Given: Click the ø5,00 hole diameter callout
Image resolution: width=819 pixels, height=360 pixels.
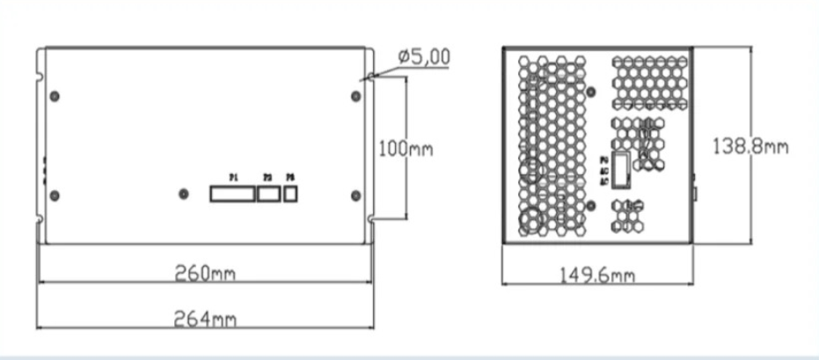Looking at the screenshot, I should (x=424, y=57).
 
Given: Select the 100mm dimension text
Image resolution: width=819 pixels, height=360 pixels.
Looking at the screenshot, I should (x=406, y=148).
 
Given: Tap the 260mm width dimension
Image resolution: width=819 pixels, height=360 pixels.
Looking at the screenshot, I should (x=206, y=273).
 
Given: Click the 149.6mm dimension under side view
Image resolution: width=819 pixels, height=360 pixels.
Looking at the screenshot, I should (x=597, y=276).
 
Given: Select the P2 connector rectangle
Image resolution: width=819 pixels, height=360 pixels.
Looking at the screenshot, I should (x=267, y=194).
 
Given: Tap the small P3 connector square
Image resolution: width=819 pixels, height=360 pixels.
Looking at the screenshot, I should (x=291, y=194).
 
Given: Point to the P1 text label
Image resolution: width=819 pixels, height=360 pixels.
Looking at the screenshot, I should (x=233, y=178).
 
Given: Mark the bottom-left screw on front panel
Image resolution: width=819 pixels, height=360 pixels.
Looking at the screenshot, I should (x=55, y=194).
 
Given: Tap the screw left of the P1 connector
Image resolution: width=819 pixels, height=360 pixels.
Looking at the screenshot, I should (x=183, y=194).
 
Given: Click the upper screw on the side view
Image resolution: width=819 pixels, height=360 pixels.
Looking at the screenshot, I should (x=590, y=92).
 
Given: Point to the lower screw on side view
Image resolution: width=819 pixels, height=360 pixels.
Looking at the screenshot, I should (x=590, y=205).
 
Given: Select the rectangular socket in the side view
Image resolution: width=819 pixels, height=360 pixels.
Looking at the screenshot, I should (x=621, y=169).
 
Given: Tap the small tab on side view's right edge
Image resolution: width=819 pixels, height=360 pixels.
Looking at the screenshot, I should (x=695, y=190).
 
